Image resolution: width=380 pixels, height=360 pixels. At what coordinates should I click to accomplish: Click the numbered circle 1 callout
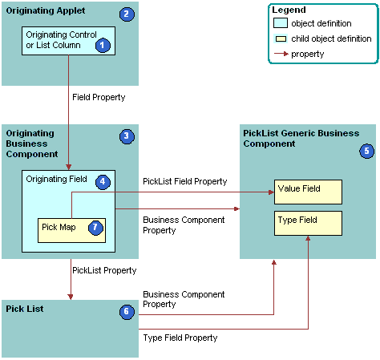point(103,45)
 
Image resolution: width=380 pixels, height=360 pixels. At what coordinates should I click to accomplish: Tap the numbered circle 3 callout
point(126,136)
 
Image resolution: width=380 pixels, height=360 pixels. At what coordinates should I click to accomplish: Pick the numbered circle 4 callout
point(103,182)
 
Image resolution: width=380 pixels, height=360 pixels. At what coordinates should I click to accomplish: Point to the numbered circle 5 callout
point(366,150)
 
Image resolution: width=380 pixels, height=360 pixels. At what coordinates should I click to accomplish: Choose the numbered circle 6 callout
point(126,311)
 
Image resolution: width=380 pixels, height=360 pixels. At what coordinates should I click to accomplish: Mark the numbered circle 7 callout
point(95,227)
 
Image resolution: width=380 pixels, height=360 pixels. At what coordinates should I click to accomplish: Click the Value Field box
point(309,192)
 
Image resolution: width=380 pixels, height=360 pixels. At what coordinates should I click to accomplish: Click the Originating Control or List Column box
point(68,41)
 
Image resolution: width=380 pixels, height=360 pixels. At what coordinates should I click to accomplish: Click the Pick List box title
point(25,309)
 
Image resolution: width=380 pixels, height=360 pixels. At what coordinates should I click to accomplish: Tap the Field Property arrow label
point(99,97)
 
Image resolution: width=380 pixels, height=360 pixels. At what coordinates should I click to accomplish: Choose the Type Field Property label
point(180,338)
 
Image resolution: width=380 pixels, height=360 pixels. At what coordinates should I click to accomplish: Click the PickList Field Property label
point(184,182)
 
